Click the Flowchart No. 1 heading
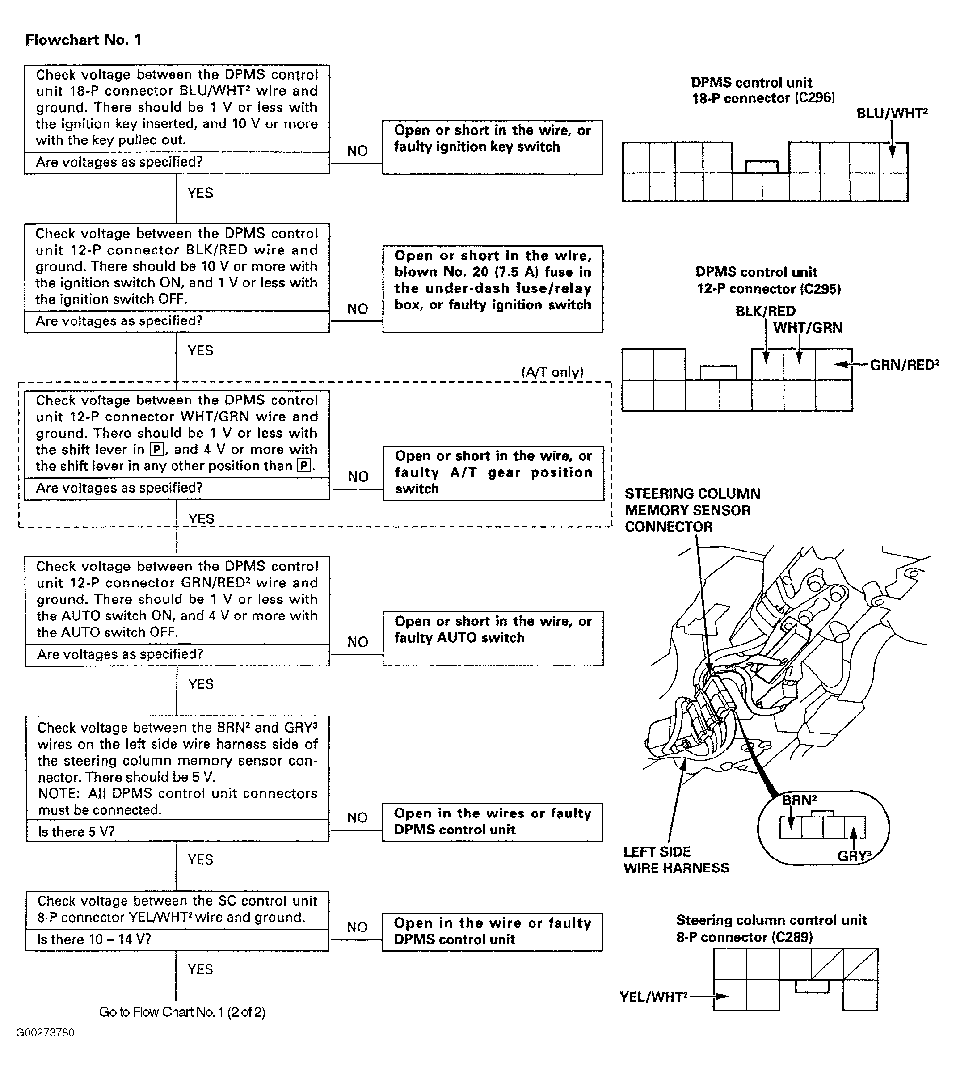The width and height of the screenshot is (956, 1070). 83,40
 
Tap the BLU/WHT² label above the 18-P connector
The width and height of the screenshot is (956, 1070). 891,114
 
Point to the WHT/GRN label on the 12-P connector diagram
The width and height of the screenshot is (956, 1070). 808,328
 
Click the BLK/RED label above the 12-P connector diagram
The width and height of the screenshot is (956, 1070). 765,311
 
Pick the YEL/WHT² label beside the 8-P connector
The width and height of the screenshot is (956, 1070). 653,996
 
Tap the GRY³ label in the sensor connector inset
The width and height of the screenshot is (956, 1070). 854,855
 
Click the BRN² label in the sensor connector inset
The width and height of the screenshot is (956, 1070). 799,800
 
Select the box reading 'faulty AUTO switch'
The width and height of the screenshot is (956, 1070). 492,638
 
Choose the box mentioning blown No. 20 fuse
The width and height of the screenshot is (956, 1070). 492,288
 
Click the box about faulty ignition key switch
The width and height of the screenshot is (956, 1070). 492,147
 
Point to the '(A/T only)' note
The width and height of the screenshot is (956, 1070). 552,372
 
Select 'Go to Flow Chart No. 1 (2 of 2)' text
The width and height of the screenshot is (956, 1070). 182,1012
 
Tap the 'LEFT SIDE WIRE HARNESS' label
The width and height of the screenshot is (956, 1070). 676,859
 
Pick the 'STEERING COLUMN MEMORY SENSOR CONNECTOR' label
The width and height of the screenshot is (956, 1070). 692,510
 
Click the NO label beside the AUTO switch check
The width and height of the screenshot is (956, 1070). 358,641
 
